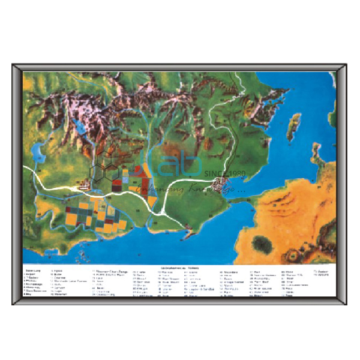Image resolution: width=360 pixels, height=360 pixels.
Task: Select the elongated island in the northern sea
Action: click(294, 127)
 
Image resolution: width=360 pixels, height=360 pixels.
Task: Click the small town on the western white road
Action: click(84, 187)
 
